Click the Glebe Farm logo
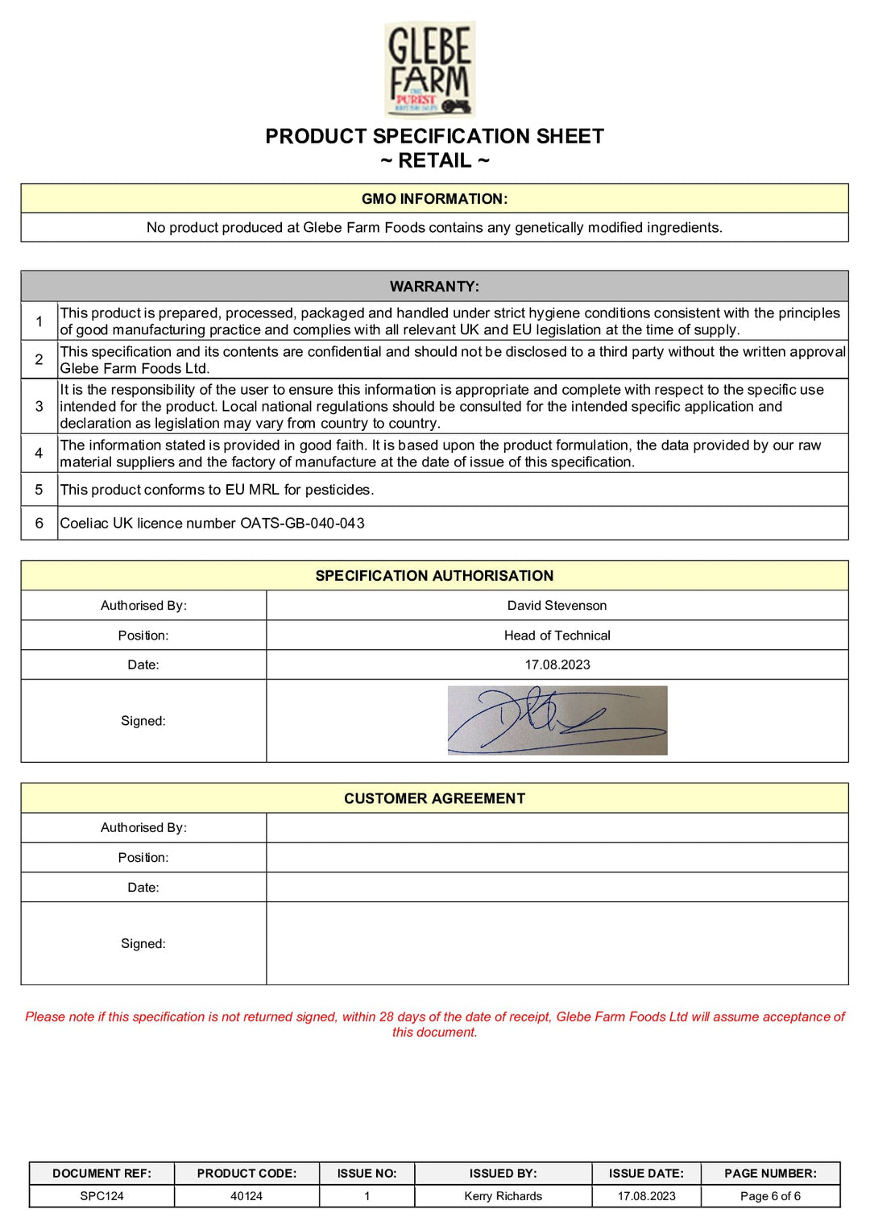(x=430, y=69)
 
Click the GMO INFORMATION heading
(x=434, y=199)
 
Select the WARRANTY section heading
(x=434, y=287)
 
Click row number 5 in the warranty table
(x=39, y=490)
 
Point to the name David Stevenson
(x=557, y=606)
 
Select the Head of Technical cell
(x=557, y=636)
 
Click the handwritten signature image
(x=557, y=720)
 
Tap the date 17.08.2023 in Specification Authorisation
(x=557, y=665)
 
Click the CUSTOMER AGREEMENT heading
(x=434, y=798)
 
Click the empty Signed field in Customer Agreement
(x=557, y=943)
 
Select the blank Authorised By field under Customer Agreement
(x=557, y=828)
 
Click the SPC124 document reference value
(x=101, y=1196)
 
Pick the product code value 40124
(x=246, y=1196)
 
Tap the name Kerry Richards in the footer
(x=503, y=1196)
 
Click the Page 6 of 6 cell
(x=770, y=1196)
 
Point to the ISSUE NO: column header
(x=367, y=1174)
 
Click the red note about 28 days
(x=434, y=1025)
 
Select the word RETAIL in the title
(x=435, y=161)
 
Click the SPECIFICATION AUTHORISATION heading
(x=434, y=576)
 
